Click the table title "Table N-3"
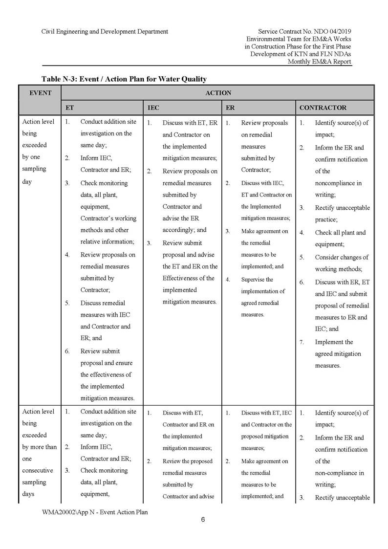point(124,79)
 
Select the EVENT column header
point(41,93)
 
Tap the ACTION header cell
point(218,93)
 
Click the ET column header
point(70,108)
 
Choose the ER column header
point(230,108)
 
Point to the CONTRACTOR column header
point(323,108)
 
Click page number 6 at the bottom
point(203,520)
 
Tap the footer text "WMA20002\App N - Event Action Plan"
point(95,512)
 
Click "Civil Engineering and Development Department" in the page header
point(105,31)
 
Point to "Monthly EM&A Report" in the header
point(319,62)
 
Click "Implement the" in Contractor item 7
point(334,342)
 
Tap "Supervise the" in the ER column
point(257,280)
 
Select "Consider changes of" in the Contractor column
point(342,257)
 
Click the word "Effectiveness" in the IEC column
point(182,278)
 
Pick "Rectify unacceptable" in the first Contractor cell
point(342,208)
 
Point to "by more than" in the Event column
point(40,447)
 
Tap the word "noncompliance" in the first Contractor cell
point(338,183)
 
